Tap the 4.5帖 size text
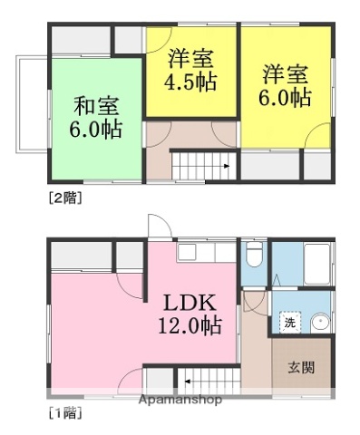(x=190, y=82)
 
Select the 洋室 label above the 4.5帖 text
(x=190, y=58)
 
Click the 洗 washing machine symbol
(x=289, y=322)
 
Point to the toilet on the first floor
(x=253, y=257)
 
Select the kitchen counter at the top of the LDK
(x=205, y=251)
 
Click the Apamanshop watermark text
(x=179, y=400)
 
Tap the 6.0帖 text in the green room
(x=93, y=130)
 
